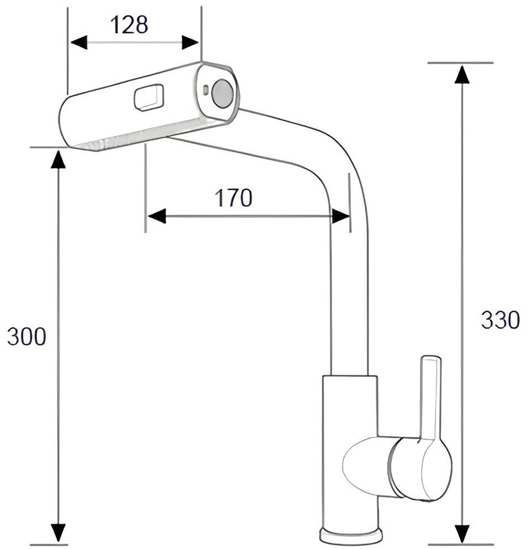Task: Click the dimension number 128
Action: [x=129, y=25]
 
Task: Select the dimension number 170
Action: [x=233, y=198]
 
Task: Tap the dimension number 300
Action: [x=26, y=337]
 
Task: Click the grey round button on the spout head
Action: [x=222, y=93]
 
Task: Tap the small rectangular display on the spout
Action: [x=149, y=97]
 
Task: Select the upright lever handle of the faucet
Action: [x=430, y=397]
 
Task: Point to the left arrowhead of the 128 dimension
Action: [x=79, y=42]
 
